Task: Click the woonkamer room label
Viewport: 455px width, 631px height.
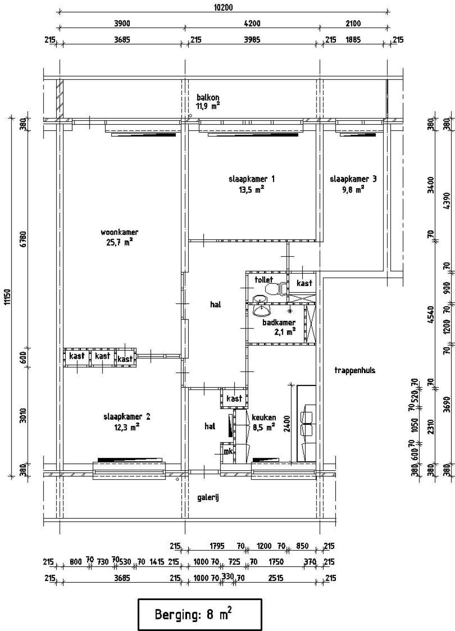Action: coord(119,233)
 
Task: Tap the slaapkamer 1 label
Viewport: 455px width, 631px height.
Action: coord(251,179)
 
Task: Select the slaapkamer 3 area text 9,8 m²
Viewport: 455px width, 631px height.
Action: coord(353,190)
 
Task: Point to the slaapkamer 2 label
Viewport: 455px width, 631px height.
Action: coord(127,417)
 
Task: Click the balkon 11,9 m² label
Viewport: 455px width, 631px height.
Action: coord(208,101)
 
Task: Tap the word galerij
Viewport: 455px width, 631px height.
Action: coord(208,497)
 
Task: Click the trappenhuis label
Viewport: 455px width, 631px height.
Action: coord(354,370)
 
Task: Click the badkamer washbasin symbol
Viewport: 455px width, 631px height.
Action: coord(261,311)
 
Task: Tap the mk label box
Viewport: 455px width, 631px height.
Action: coord(227,452)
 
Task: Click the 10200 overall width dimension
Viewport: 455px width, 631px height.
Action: coord(223,7)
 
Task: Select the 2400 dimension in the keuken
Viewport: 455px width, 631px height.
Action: coord(287,424)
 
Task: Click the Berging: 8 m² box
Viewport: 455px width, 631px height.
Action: coord(199,615)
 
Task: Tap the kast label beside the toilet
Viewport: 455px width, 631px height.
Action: coord(304,283)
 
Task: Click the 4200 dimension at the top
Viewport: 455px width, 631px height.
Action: coord(252,24)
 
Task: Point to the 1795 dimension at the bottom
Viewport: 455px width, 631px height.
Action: coord(216,546)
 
